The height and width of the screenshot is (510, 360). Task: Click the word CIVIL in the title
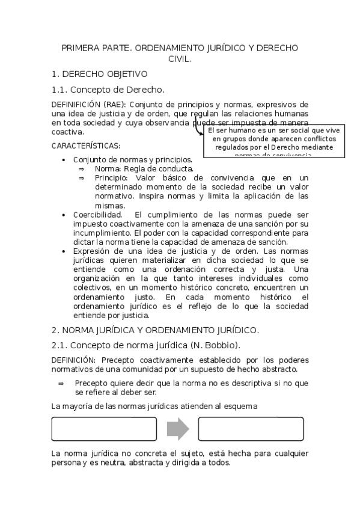pyautogui.click(x=180, y=59)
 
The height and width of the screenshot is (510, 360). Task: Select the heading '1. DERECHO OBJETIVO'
pyautogui.click(x=99, y=74)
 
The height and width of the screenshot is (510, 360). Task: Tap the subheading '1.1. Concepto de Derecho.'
pyautogui.click(x=108, y=90)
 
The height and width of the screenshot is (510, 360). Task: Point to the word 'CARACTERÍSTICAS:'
pyautogui.click(x=85, y=146)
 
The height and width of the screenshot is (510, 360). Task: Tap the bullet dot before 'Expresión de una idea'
pyautogui.click(x=64, y=251)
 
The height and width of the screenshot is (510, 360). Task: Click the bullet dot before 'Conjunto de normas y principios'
pyautogui.click(x=64, y=160)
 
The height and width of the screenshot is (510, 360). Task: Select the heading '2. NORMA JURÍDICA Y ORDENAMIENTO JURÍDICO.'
pyautogui.click(x=155, y=330)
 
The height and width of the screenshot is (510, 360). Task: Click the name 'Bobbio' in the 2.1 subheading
pyautogui.click(x=221, y=345)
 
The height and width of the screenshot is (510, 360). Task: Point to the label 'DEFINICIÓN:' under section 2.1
pyautogui.click(x=75, y=360)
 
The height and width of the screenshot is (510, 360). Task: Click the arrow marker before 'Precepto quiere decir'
pyautogui.click(x=61, y=383)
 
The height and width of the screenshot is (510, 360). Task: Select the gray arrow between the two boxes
pyautogui.click(x=177, y=428)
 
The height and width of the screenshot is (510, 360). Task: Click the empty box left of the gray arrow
pyautogui.click(x=104, y=428)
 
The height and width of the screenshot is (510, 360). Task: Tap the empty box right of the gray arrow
pyautogui.click(x=251, y=428)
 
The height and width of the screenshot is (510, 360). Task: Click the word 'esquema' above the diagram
pyautogui.click(x=240, y=406)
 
